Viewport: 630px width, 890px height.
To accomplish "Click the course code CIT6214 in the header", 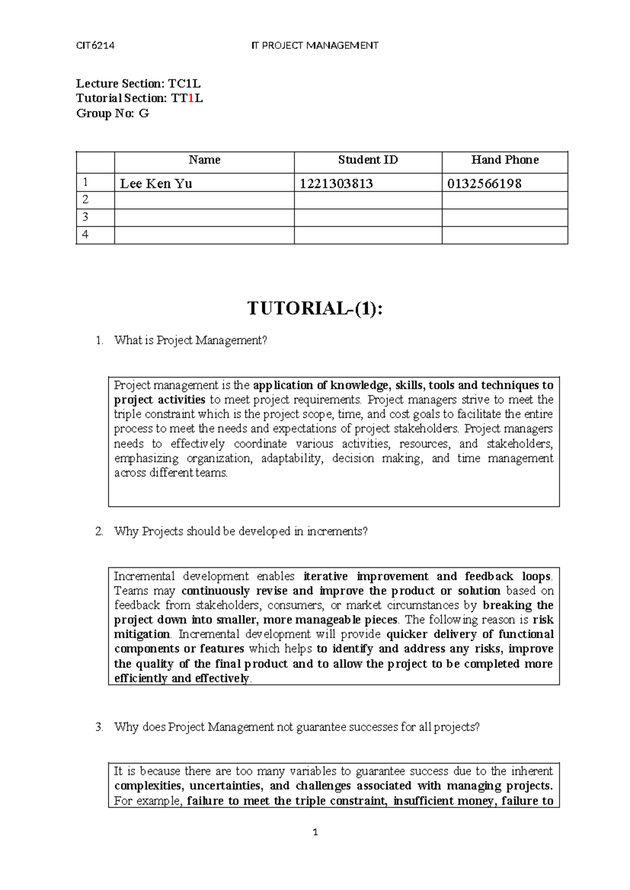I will (x=95, y=45).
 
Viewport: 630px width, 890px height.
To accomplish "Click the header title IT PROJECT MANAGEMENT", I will (x=314, y=45).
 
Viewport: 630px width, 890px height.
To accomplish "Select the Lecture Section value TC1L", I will (x=184, y=83).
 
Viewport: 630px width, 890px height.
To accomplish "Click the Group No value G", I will (x=144, y=113).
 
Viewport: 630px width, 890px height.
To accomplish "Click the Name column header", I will (x=204, y=160).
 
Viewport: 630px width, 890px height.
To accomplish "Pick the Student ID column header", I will (x=367, y=160).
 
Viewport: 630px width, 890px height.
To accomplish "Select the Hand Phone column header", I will (x=505, y=160).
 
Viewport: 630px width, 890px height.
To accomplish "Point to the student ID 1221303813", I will (x=337, y=183).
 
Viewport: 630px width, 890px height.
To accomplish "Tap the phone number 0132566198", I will (x=484, y=183).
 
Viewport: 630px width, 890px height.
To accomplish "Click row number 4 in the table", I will (x=85, y=235).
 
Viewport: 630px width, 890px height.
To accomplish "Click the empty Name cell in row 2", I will (x=204, y=200).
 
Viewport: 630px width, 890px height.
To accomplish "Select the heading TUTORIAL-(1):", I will (x=315, y=309).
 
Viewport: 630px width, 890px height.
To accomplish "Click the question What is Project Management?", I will (x=191, y=341).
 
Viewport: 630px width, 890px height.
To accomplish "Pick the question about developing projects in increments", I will (x=240, y=531).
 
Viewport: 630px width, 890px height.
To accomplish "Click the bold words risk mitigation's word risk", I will (x=543, y=620).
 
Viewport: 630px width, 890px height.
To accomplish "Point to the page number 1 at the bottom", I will (x=315, y=832).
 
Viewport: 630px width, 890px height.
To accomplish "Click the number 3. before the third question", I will (x=100, y=727).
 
